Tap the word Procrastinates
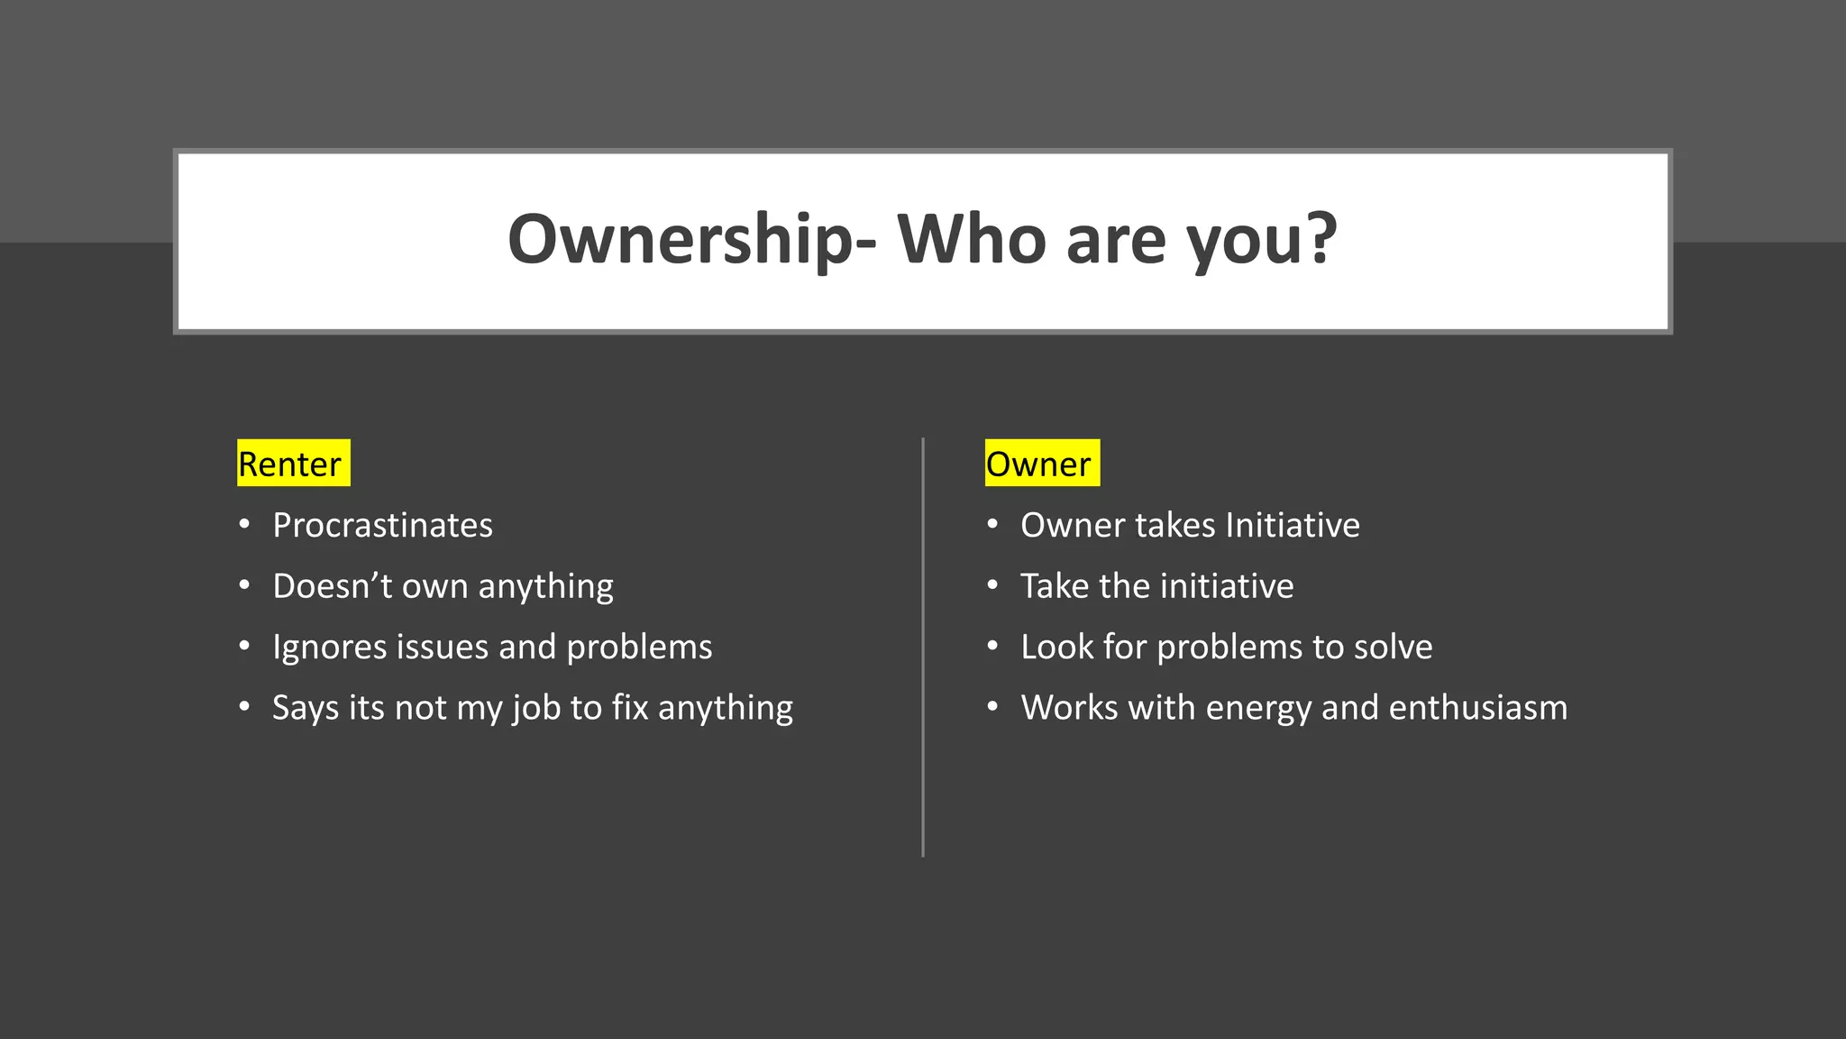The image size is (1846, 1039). pyautogui.click(x=382, y=526)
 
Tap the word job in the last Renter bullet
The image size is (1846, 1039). pyautogui.click(x=536, y=709)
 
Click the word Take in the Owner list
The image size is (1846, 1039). pyautogui.click(x=1055, y=586)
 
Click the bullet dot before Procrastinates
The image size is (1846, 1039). pyautogui.click(x=244, y=524)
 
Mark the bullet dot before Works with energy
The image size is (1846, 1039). pyautogui.click(x=992, y=706)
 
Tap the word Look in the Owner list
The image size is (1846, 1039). pyautogui.click(x=1056, y=648)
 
